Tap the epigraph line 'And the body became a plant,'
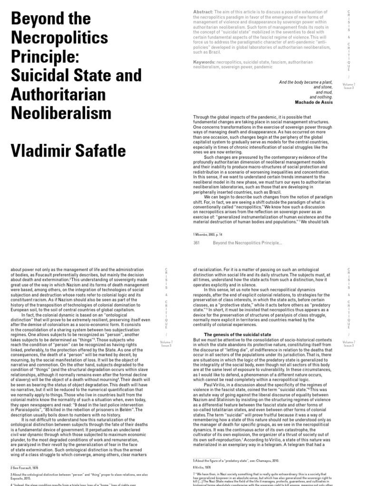pyautogui.click(x=306, y=82)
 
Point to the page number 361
pyautogui.click(x=196, y=243)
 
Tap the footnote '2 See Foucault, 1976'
pyautogui.click(x=24, y=467)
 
